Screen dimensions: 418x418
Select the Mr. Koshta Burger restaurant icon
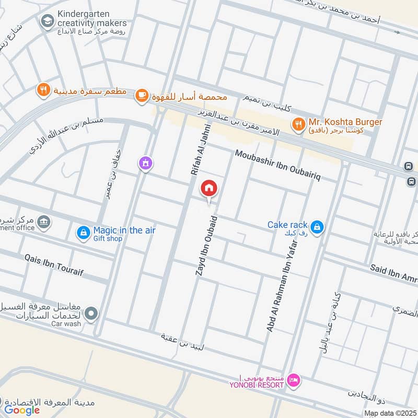click(x=298, y=124)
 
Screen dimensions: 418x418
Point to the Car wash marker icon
click(x=92, y=313)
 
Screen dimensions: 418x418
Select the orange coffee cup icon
click(x=142, y=95)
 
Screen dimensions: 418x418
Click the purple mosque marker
click(x=145, y=164)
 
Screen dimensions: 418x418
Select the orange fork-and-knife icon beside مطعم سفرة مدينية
click(x=43, y=90)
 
